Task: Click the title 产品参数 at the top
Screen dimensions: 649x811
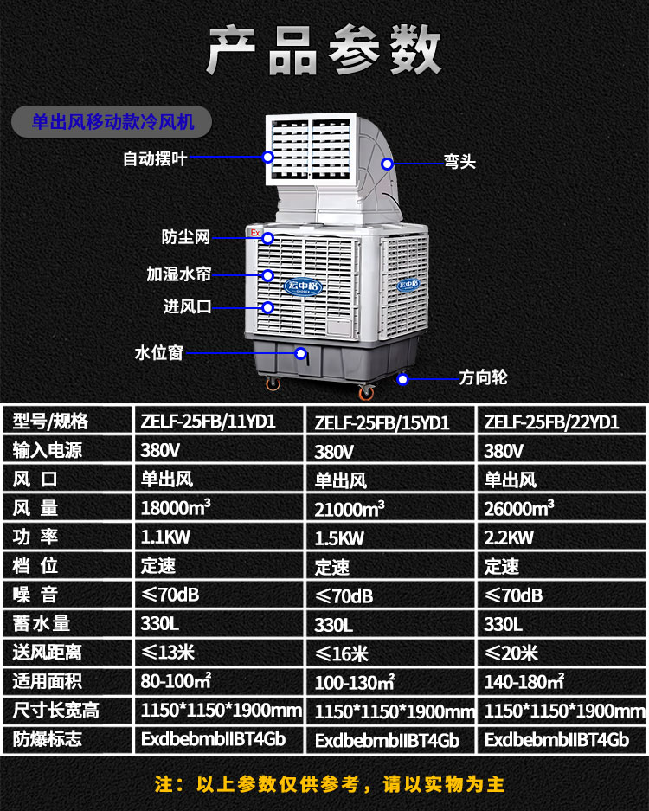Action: pyautogui.click(x=324, y=50)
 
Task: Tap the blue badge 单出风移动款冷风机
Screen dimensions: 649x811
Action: pyautogui.click(x=112, y=122)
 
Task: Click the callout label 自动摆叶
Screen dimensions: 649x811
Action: pyautogui.click(x=155, y=158)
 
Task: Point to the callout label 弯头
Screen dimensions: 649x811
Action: pyautogui.click(x=459, y=161)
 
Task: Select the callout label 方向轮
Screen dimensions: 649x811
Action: pyautogui.click(x=483, y=377)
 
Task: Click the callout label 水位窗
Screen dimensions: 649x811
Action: pyautogui.click(x=158, y=353)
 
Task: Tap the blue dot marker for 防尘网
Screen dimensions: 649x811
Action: pyautogui.click(x=267, y=238)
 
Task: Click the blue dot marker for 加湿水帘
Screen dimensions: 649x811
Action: pyautogui.click(x=267, y=276)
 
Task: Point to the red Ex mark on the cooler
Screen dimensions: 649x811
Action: pyautogui.click(x=255, y=233)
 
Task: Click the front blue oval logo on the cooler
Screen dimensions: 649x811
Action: pyautogui.click(x=303, y=286)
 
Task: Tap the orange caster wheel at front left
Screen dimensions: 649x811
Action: pyautogui.click(x=273, y=383)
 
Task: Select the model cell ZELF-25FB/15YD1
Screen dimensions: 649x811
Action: pyautogui.click(x=382, y=423)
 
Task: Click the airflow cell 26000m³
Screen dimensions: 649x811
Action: pyautogui.click(x=519, y=508)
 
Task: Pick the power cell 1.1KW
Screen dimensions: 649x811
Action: pyautogui.click(x=165, y=537)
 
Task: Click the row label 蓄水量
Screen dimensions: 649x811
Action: pyautogui.click(x=41, y=623)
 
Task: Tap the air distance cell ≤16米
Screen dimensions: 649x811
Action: pyautogui.click(x=342, y=653)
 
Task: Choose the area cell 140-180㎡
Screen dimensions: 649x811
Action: pyautogui.click(x=524, y=682)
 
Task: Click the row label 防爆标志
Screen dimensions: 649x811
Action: pyautogui.click(x=47, y=738)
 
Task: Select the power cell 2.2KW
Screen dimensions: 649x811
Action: pyautogui.click(x=509, y=537)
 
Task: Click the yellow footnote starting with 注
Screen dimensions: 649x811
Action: pyautogui.click(x=330, y=784)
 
